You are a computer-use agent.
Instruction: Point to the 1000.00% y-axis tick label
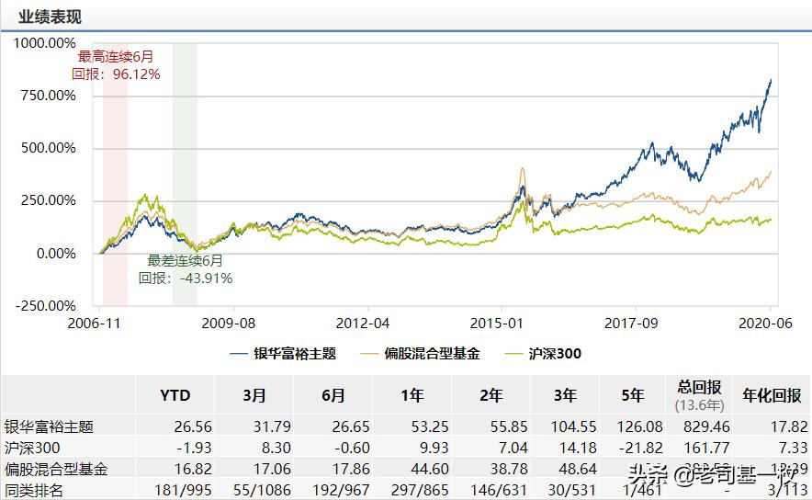44,42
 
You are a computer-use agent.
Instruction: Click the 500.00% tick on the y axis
48,148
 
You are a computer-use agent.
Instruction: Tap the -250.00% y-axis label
44,306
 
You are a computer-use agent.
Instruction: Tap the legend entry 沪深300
555,353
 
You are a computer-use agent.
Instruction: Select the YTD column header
175,396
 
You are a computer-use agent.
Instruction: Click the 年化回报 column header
772,396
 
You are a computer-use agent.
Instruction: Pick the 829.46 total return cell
702,426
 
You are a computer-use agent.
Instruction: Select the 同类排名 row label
34,490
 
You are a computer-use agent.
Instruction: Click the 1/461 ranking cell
643,490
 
